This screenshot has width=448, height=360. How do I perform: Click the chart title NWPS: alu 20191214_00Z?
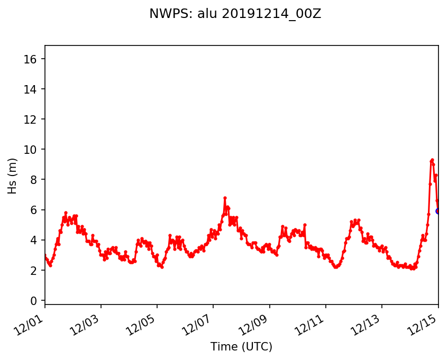coord(235,14)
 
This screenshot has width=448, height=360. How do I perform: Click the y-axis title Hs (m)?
coord(12,176)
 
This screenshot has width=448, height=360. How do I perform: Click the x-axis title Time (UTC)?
coord(241,347)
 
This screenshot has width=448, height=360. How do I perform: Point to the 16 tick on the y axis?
coord(32,59)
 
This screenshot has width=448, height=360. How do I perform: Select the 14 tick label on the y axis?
coord(32,89)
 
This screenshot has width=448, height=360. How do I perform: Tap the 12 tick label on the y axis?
coord(32,119)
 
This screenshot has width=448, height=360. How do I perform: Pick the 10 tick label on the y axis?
coord(32,149)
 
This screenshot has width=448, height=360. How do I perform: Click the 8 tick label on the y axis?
coord(35,180)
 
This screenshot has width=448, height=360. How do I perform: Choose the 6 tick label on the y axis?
coord(35,210)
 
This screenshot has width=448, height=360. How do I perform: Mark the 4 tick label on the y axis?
coord(35,240)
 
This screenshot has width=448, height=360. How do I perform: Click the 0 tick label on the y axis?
coord(35,300)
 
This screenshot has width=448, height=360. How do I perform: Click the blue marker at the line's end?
coord(438,211)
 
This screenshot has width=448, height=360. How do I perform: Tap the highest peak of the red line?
coord(432,160)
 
